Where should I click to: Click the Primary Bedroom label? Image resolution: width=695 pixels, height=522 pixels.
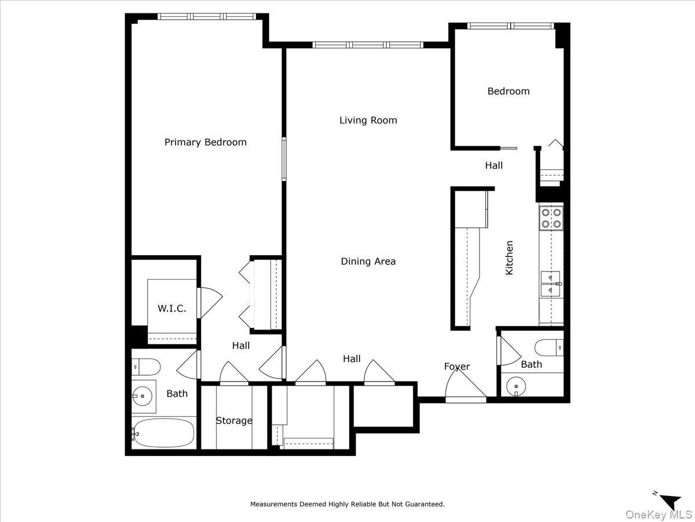205,142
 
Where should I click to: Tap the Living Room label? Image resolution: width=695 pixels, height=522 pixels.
368,120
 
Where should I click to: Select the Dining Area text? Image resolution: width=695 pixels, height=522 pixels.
368,262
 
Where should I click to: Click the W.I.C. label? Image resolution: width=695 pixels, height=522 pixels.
172,309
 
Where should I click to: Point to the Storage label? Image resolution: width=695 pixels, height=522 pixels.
234,420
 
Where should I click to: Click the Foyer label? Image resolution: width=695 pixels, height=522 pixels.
457,367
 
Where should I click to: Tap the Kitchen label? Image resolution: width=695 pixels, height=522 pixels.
510,258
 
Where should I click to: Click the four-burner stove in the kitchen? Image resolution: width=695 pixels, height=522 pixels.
551,217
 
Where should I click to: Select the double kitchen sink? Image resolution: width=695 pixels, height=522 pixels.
550,284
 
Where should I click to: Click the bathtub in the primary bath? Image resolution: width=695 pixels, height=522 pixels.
163,433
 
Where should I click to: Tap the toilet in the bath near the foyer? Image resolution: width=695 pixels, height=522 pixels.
547,347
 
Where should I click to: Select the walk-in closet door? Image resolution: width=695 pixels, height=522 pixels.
210,302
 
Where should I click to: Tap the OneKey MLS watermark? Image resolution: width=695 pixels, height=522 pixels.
668,514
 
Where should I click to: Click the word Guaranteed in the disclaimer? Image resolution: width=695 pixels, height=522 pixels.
423,505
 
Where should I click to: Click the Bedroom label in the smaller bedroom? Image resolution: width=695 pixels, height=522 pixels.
509,91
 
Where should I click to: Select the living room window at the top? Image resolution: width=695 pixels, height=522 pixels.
368,45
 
